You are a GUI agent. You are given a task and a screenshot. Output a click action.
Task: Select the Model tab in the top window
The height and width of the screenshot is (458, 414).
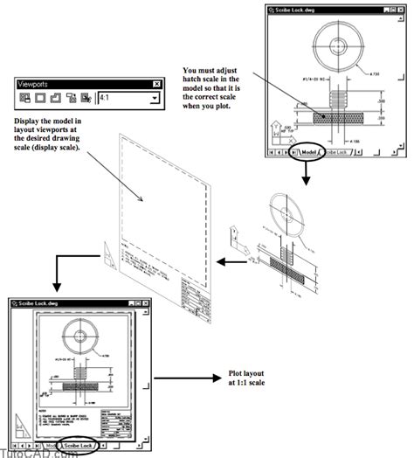307,152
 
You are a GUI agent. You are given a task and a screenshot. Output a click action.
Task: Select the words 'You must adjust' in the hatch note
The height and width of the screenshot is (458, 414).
212,67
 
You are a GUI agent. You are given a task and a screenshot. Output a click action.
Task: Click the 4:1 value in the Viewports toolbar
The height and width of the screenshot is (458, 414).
122,99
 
